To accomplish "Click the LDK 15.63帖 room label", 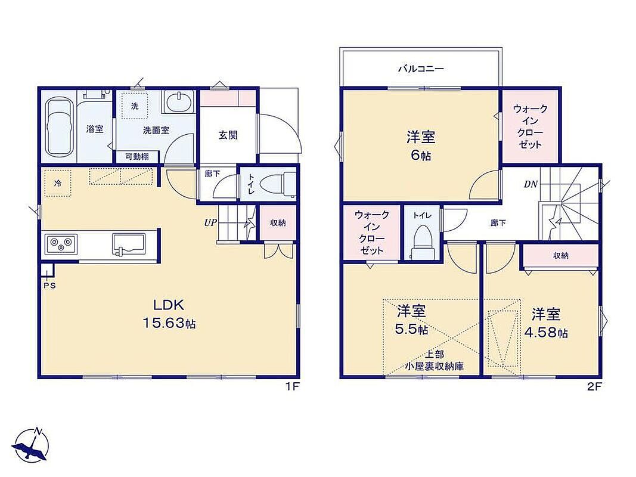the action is click(169, 313).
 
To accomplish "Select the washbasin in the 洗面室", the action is click(178, 101).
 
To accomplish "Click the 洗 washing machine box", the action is click(135, 106).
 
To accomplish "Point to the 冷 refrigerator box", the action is click(58, 183).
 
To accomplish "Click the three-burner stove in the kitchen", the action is click(61, 244).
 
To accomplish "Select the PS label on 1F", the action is click(49, 286).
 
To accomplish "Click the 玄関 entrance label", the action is click(228, 135).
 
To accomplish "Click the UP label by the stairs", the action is click(210, 222).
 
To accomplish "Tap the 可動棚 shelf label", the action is click(136, 157).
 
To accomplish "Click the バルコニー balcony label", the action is click(421, 69).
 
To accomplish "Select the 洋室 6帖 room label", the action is click(421, 145).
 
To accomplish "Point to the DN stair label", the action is click(530, 184).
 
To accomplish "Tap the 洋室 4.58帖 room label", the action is click(546, 323).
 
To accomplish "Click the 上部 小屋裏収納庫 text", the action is click(435, 361).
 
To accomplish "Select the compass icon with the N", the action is click(32, 445).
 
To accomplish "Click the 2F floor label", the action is click(594, 387).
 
